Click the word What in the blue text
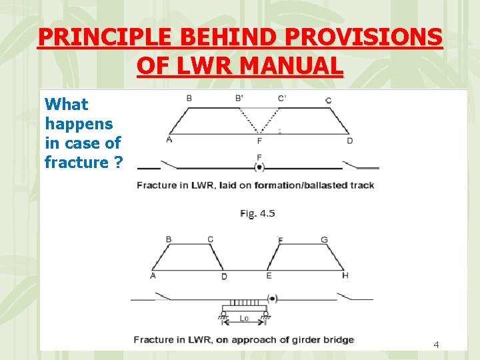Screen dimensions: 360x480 pyautogui.click(x=66, y=105)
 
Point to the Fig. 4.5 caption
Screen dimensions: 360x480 pyautogui.click(x=257, y=213)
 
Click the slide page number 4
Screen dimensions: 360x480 pyautogui.click(x=436, y=345)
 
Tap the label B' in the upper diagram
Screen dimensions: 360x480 pyautogui.click(x=239, y=99)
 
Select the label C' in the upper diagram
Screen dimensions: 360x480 pyautogui.click(x=283, y=99)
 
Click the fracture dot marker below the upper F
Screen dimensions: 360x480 pyautogui.click(x=259, y=167)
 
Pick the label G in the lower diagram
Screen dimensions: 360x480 pyautogui.click(x=325, y=240)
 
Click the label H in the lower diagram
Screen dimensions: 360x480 pyautogui.click(x=345, y=275)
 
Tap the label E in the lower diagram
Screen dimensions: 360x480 pyautogui.click(x=269, y=275)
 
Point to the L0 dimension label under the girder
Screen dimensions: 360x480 pyautogui.click(x=245, y=319)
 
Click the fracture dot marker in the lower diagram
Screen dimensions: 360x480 pyautogui.click(x=272, y=298)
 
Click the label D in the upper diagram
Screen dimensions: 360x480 pyautogui.click(x=349, y=141)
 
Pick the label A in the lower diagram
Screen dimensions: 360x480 pyautogui.click(x=153, y=275)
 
